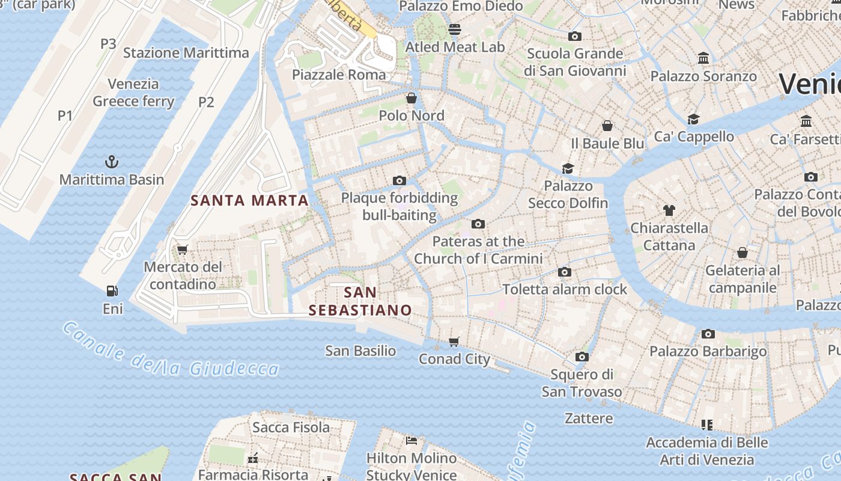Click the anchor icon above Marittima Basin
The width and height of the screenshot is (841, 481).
tap(112, 161)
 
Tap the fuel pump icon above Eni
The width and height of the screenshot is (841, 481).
tap(112, 291)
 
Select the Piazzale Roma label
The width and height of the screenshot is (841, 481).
tap(339, 75)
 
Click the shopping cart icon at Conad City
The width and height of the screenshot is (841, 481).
tap(454, 342)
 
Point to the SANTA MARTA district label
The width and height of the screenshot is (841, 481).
tap(249, 200)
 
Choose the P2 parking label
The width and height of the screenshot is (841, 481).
tap(206, 102)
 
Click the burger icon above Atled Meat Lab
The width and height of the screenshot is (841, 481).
tap(455, 29)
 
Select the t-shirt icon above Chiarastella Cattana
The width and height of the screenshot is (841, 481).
tap(669, 210)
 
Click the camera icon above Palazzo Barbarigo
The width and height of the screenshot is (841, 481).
tap(708, 334)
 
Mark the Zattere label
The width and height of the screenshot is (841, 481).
tap(589, 418)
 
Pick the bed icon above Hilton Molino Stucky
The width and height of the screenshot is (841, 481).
tap(411, 441)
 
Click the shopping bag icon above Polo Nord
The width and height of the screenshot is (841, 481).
tap(411, 97)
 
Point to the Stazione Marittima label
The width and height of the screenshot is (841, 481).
tap(186, 53)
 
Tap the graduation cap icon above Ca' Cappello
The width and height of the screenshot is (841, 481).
tap(694, 118)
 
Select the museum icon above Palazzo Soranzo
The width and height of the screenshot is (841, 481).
tap(703, 58)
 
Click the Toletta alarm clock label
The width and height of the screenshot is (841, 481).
tap(565, 289)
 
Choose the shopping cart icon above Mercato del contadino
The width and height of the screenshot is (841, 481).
tap(183, 250)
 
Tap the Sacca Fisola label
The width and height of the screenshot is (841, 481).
tap(291, 427)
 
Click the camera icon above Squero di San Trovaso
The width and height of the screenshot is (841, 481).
tap(581, 357)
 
